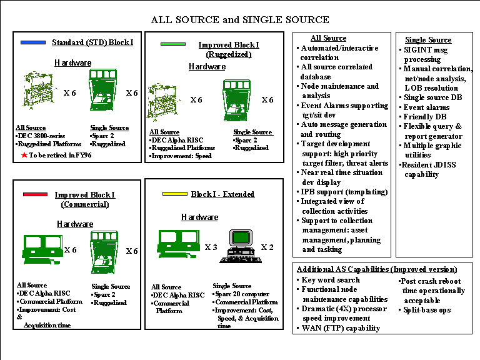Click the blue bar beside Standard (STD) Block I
click(x=33, y=42)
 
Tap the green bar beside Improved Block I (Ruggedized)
click(x=173, y=44)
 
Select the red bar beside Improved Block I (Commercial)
click(x=35, y=194)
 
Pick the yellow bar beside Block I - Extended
click(x=175, y=194)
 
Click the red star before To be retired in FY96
click(x=24, y=155)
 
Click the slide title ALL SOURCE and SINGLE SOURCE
click(x=240, y=20)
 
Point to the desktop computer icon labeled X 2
click(x=241, y=246)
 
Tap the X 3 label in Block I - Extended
click(x=211, y=247)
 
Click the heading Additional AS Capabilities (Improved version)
click(x=377, y=269)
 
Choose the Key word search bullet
click(x=328, y=280)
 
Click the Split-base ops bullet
click(x=424, y=310)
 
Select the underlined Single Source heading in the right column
click(x=428, y=40)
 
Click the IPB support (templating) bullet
click(x=342, y=192)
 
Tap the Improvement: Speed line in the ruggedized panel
click(x=181, y=156)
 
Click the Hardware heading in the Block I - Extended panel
click(x=199, y=217)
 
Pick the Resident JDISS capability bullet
click(x=427, y=169)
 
